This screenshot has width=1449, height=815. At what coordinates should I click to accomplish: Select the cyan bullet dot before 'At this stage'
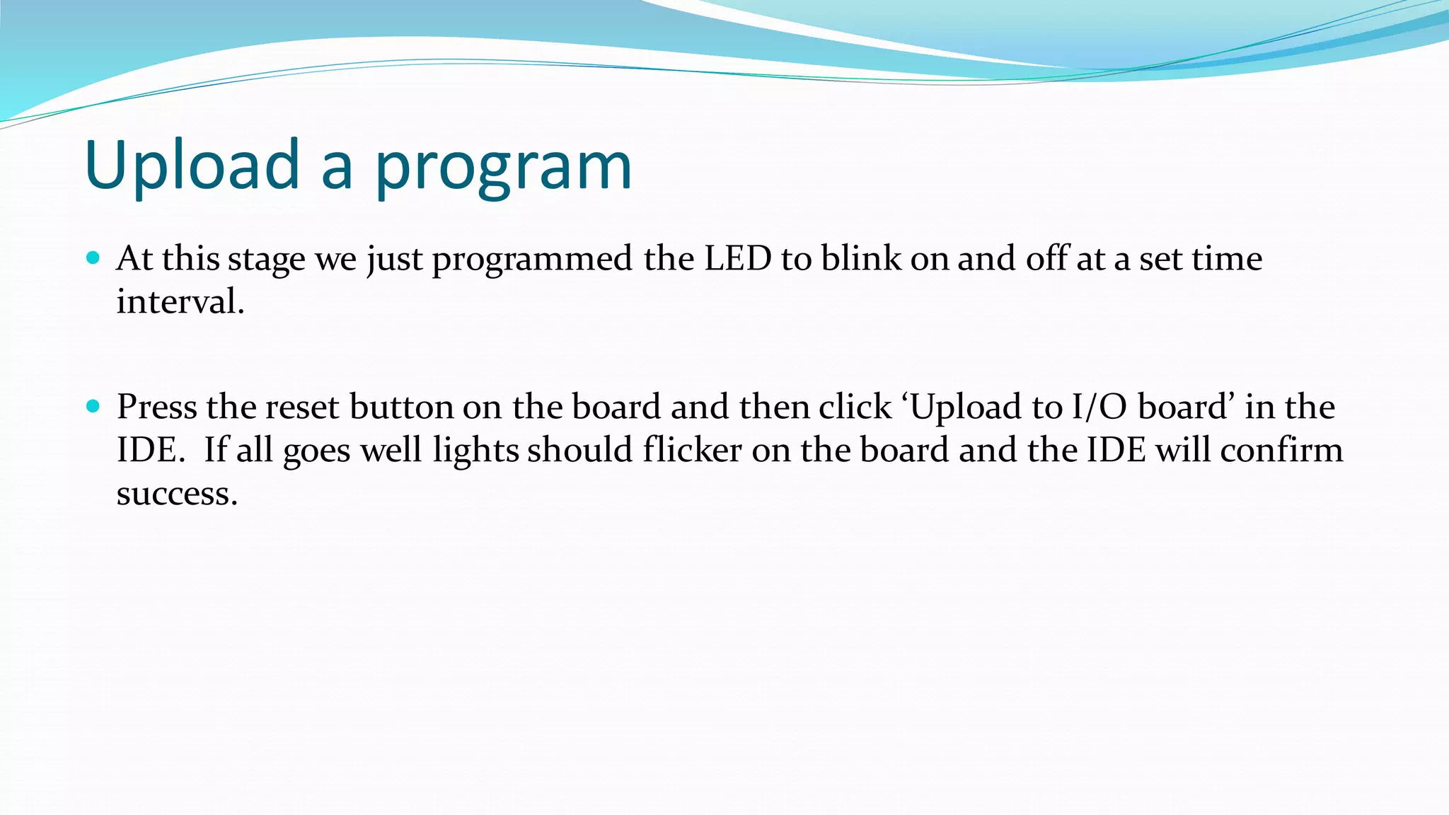(x=93, y=258)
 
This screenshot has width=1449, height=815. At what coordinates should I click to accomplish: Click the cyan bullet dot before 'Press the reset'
(x=93, y=406)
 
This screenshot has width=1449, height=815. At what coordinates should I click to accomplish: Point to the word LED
(x=737, y=258)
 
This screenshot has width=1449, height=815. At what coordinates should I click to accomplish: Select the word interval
(x=180, y=302)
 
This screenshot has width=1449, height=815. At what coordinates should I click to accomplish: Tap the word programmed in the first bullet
(x=532, y=260)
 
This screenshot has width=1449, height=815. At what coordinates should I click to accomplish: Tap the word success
(x=177, y=494)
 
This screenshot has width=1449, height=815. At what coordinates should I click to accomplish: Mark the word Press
(x=156, y=407)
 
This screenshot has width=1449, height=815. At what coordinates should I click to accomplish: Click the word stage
(x=267, y=260)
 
